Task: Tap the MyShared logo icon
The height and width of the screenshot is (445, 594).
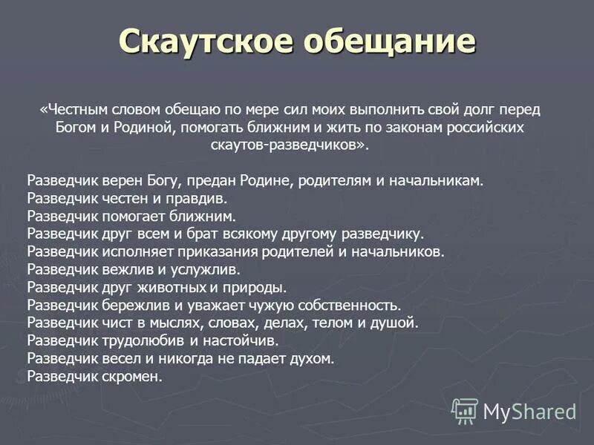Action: (x=465, y=410)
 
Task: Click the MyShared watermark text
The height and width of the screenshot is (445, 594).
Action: (x=529, y=412)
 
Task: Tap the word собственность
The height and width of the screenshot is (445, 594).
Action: (x=348, y=305)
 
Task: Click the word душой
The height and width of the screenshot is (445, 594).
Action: (x=399, y=323)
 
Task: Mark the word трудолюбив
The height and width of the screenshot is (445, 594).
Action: (x=146, y=340)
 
